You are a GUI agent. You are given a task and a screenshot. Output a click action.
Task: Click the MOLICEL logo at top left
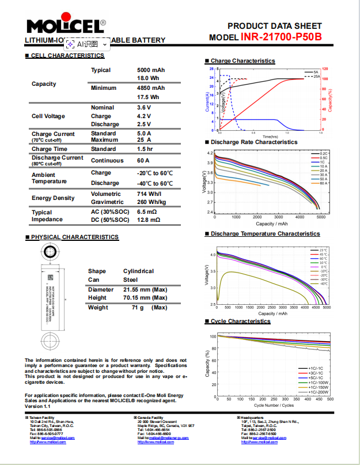click(x=65, y=27)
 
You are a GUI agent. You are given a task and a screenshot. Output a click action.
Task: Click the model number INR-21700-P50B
click(x=281, y=37)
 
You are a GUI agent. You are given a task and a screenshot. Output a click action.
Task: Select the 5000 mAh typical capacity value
click(x=151, y=70)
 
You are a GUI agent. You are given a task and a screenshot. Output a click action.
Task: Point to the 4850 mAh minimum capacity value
click(x=151, y=88)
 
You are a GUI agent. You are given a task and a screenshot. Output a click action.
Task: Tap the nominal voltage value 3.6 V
click(x=144, y=108)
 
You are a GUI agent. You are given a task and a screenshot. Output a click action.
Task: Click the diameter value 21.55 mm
click(x=145, y=289)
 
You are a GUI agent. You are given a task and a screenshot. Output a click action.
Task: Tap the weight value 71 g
click(x=138, y=308)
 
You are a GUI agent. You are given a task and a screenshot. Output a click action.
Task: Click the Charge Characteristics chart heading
click(x=242, y=61)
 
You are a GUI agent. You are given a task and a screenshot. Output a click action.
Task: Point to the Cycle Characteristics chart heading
click(x=240, y=322)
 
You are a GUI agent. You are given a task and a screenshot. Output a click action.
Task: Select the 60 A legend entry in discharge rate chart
click(x=323, y=183)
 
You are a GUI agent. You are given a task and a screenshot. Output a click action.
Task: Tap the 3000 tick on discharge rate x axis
click(x=278, y=217)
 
